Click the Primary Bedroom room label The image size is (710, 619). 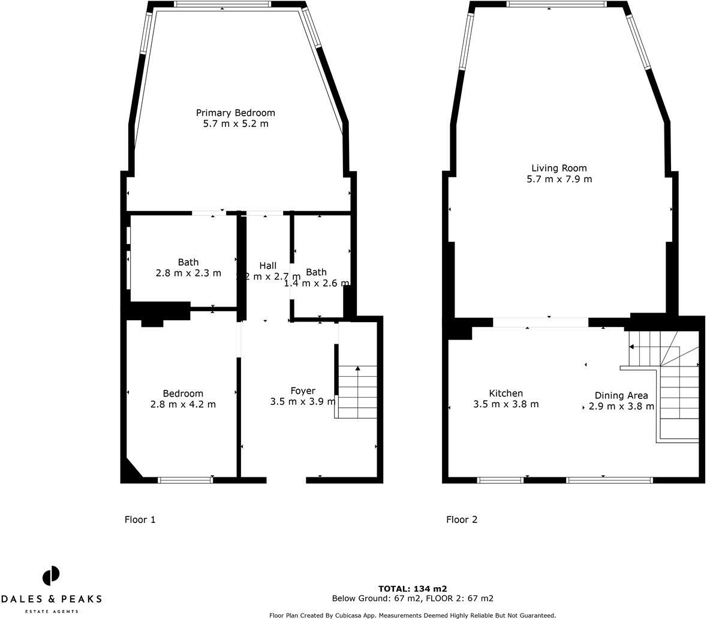pos(235,113)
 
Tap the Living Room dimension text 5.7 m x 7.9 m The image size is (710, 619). pos(559,179)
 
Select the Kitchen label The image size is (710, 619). pos(506,393)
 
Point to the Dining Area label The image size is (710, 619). pos(621,395)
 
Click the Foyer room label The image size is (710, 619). pos(303,390)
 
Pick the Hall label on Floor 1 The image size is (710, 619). pos(267,266)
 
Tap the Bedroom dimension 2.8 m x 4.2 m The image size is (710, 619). pos(183,404)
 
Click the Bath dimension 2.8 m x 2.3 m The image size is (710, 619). pos(188,273)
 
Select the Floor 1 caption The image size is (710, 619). pos(140,519)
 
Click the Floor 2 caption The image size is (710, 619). pos(462,519)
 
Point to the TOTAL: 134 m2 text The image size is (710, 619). pos(413,588)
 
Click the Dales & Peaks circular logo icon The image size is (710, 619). pos(51,576)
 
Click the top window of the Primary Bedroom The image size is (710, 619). pos(222,4)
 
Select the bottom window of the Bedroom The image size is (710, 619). pos(185,479)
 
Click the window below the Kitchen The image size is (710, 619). pos(500,480)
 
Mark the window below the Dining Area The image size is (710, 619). pos(609,480)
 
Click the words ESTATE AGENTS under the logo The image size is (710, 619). pos(51,611)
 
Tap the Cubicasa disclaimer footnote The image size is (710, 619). pos(413,615)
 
